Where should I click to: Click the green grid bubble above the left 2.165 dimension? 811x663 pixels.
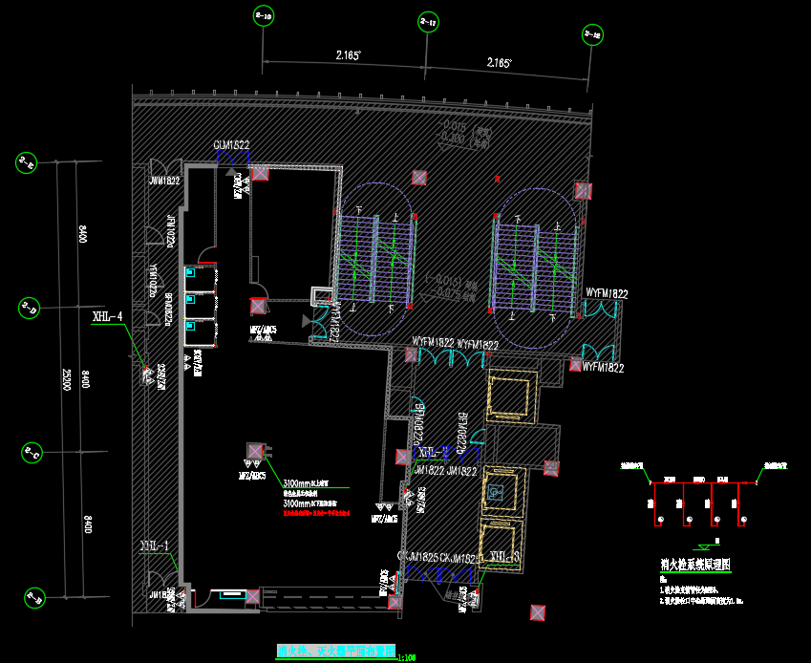(263, 15)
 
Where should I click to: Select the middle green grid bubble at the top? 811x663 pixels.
(428, 21)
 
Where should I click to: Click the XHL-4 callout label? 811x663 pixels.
(108, 316)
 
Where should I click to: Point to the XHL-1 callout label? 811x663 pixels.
(154, 546)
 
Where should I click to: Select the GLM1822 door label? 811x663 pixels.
(231, 144)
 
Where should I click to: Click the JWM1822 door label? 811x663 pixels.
(164, 180)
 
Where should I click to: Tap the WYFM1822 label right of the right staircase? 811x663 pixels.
(606, 293)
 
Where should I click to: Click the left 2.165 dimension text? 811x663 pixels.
(348, 56)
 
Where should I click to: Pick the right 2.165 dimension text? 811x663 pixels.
(499, 63)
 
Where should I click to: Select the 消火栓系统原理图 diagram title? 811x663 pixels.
(694, 565)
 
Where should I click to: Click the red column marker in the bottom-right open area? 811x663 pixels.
(539, 612)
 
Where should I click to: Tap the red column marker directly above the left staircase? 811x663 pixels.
(417, 177)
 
